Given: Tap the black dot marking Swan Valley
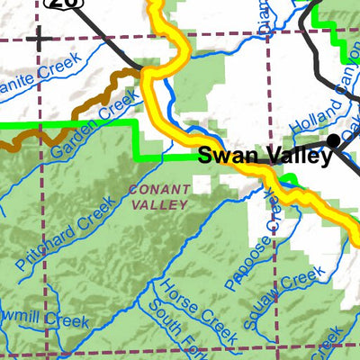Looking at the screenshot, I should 334,139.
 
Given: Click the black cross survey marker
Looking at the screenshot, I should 39,38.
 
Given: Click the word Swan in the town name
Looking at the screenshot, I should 221,155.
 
